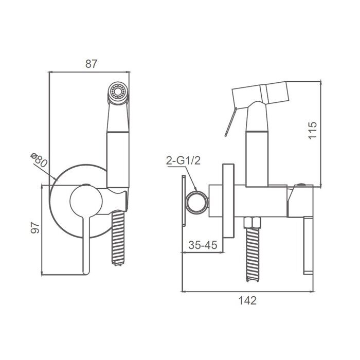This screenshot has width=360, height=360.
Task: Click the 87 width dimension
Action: [x=91, y=64]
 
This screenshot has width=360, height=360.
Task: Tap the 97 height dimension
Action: [x=35, y=227]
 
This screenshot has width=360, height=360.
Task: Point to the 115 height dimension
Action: [x=313, y=130]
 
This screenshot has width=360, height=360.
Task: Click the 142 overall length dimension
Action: [x=247, y=300]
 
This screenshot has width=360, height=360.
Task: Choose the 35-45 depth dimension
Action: [x=203, y=245]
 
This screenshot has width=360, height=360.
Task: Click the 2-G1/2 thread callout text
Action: [x=183, y=160]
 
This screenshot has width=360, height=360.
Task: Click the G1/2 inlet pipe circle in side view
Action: [x=196, y=202]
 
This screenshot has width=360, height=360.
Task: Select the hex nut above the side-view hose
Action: [x=253, y=223]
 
